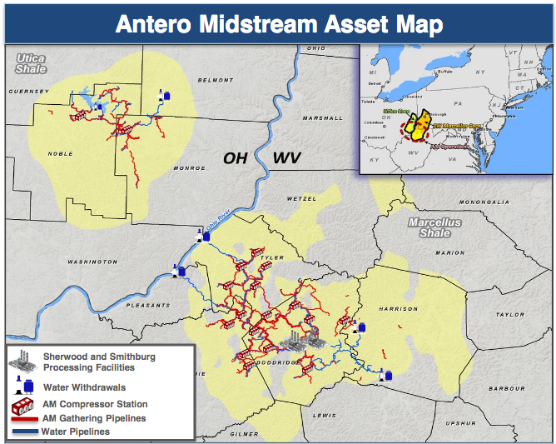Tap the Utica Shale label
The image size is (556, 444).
pos(31,63)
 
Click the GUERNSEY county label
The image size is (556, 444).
pos(29,90)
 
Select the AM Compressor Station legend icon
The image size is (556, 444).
pos(23,406)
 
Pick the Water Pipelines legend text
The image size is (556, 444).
pos(75,432)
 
